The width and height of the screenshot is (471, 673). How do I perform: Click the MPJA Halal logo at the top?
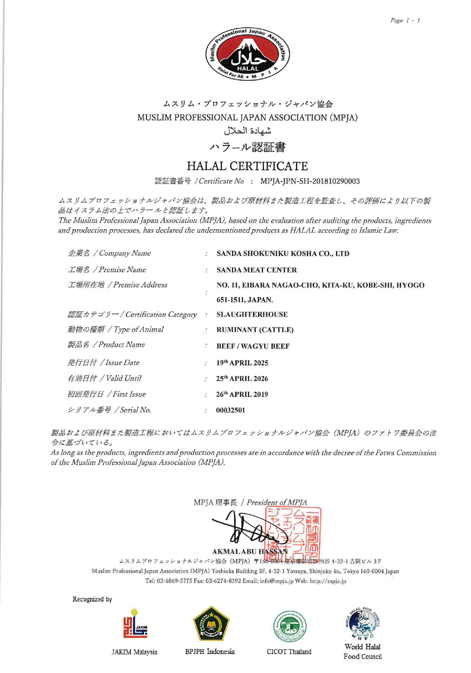[x=248, y=54]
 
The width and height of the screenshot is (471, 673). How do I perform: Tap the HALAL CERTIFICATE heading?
[x=247, y=166]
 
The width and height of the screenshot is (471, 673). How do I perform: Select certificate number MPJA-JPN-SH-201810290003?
[x=310, y=181]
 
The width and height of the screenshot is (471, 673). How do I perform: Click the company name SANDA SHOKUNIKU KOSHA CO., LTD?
[x=283, y=253]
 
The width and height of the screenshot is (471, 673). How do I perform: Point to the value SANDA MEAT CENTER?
[x=256, y=270]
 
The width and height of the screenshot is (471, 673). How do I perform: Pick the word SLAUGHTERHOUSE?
[x=252, y=314]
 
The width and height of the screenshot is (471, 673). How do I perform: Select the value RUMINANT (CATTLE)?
[x=255, y=330]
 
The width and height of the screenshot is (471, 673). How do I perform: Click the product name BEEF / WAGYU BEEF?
[x=253, y=346]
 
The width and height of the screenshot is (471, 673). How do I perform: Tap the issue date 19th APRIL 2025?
[x=242, y=363]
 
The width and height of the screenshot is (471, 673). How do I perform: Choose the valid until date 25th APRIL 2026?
[x=242, y=378]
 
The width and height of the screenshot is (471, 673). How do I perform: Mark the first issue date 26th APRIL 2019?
[x=242, y=394]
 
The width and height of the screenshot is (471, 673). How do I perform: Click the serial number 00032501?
[x=230, y=410]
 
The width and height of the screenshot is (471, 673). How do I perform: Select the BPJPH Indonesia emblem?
[x=211, y=624]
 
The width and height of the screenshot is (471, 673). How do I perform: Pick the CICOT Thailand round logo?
[x=290, y=626]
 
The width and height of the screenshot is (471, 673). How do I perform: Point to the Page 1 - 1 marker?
[x=405, y=20]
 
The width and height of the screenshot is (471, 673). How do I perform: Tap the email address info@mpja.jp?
[x=271, y=581]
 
